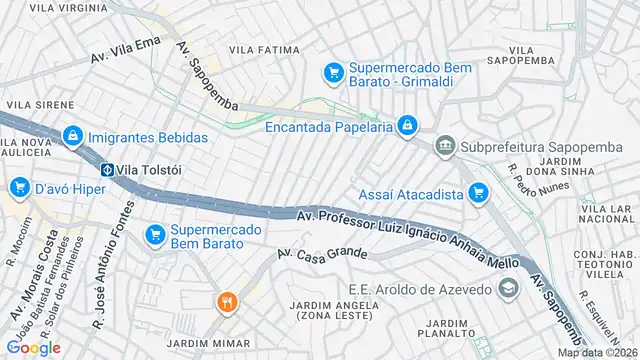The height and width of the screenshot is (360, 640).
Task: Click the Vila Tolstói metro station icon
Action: click(106, 169)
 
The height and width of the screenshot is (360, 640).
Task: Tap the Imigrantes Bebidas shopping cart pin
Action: click(72, 136)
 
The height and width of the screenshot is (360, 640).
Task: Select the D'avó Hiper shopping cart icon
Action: click(19, 188)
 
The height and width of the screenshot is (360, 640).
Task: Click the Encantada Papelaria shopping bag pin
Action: click(406, 126)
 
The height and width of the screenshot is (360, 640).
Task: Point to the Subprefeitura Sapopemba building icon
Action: click(444, 147)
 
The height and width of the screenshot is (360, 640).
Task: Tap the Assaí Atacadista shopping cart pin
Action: click(478, 193)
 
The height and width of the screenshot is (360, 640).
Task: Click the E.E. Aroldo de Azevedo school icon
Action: click(508, 289)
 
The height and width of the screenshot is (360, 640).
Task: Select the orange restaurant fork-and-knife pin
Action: click(227, 301)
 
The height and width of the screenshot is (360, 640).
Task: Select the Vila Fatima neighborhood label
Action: click(264, 49)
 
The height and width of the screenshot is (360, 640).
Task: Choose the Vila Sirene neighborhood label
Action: click(40, 104)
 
